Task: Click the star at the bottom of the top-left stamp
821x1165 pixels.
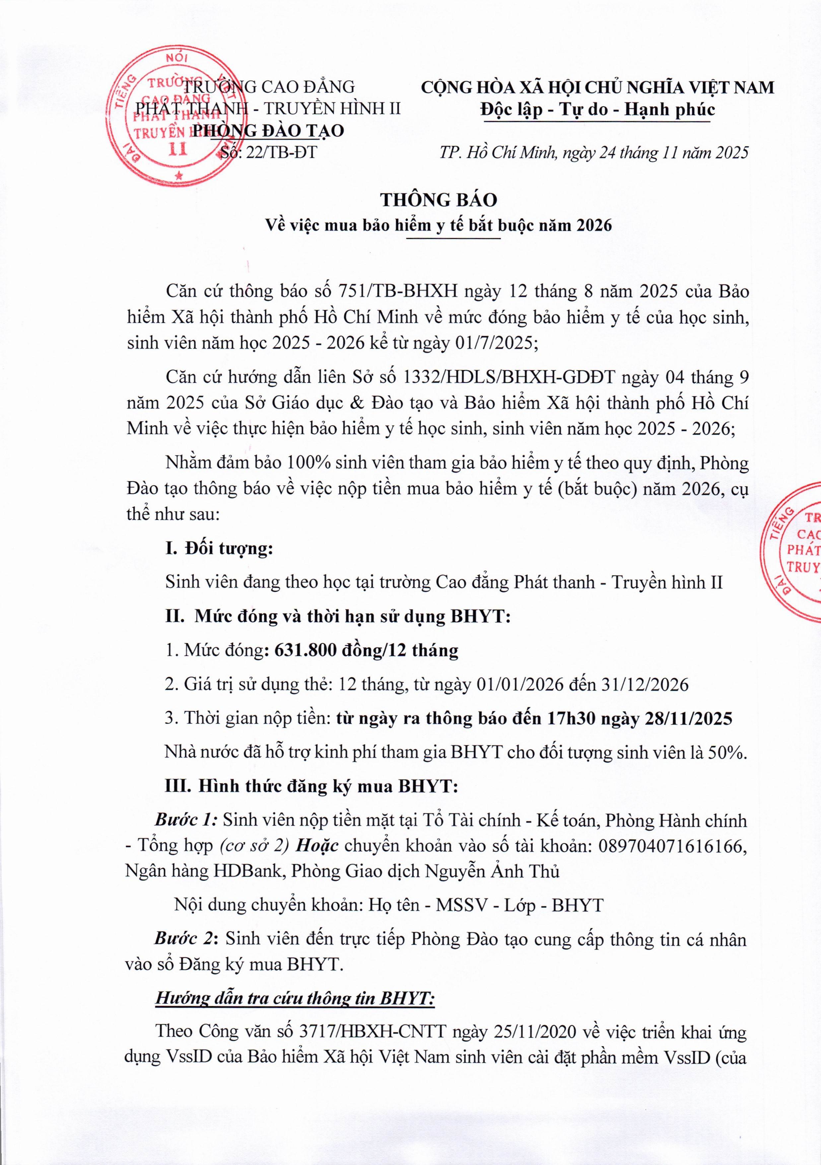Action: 178,176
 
